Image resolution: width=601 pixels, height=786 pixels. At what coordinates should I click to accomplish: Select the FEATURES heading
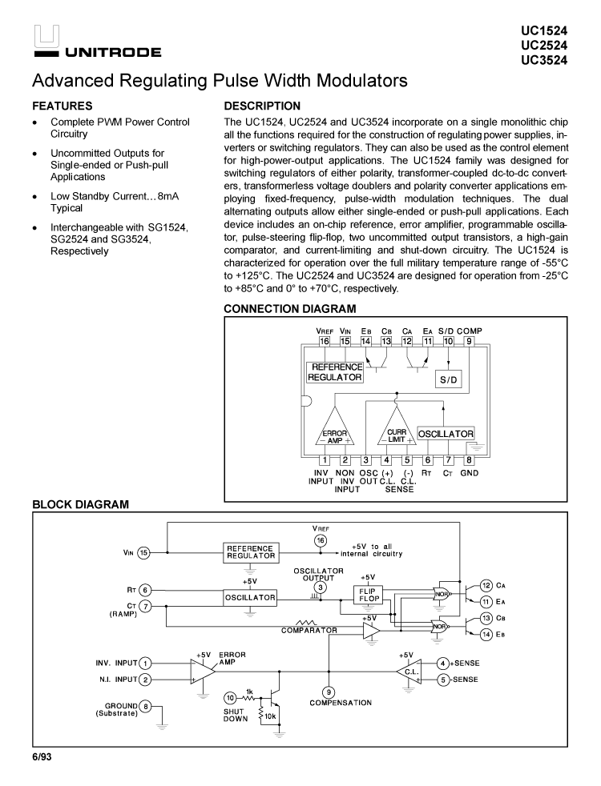(x=62, y=106)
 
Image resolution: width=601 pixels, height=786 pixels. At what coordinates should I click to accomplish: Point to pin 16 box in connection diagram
(x=325, y=341)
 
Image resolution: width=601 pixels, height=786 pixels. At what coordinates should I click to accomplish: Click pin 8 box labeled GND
(x=470, y=459)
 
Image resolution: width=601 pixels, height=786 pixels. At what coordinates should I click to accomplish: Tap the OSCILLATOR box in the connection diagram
(x=446, y=433)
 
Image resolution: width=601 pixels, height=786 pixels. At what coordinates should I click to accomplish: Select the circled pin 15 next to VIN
(x=144, y=551)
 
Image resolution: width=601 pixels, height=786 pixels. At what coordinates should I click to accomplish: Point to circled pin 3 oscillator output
(x=321, y=587)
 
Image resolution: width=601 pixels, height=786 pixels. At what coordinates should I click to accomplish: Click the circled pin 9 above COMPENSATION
(x=329, y=692)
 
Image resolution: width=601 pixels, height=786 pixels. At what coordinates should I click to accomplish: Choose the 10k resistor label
(x=272, y=716)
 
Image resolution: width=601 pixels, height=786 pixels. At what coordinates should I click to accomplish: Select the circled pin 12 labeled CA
(x=486, y=585)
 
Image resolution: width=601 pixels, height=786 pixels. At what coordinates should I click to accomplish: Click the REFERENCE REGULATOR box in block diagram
(x=250, y=552)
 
